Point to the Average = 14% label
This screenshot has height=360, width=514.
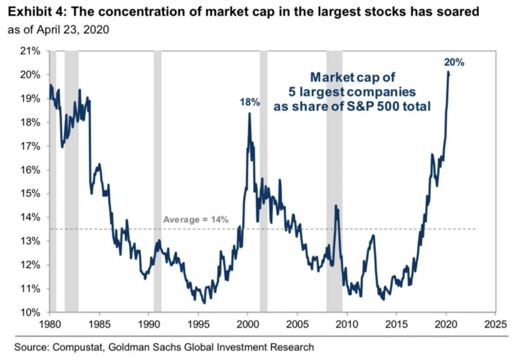[196, 220]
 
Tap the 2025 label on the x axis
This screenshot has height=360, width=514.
[495, 325]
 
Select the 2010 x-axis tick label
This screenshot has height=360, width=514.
[347, 325]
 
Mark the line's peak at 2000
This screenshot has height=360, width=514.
[249, 114]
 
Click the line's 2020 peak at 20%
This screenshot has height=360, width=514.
[448, 72]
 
